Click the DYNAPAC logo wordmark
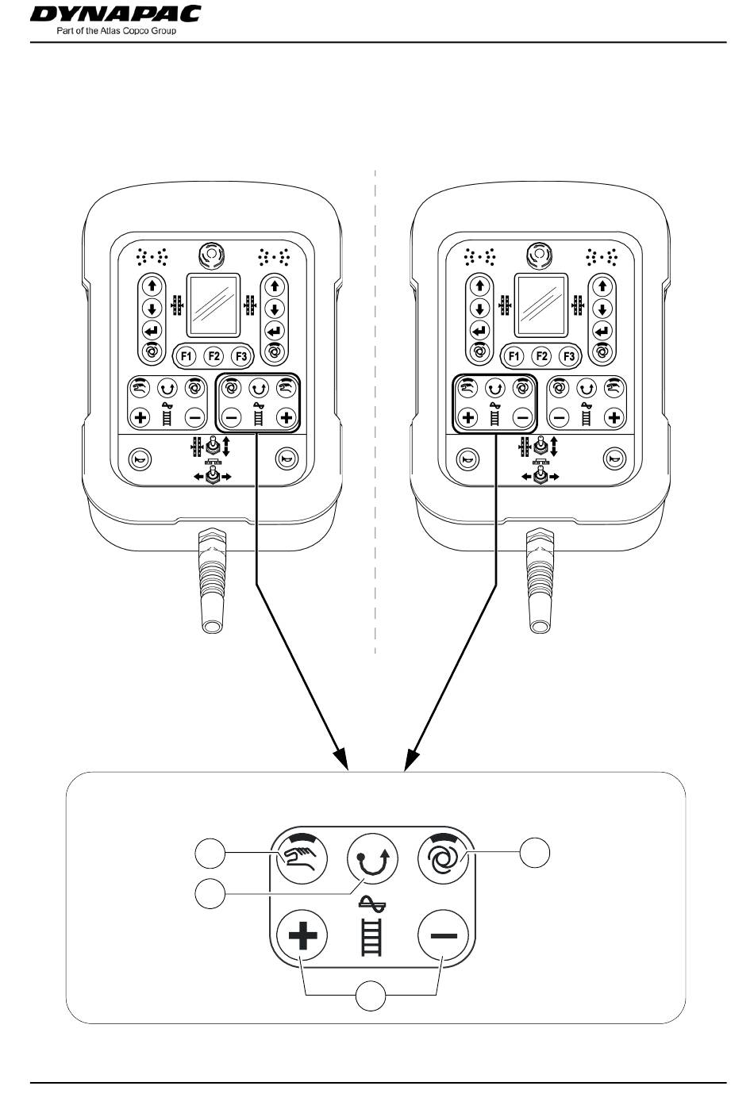click(115, 13)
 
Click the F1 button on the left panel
click(187, 356)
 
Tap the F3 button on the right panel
click(569, 356)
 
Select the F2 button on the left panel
click(214, 356)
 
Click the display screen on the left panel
click(213, 305)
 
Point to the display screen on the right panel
click(541, 305)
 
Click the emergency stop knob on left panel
click(212, 255)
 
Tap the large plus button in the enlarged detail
click(302, 935)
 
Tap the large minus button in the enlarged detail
click(444, 935)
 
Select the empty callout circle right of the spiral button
click(534, 853)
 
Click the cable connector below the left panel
click(212, 581)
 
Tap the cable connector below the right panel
click(540, 581)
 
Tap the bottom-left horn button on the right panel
click(467, 459)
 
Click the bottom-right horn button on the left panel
click(287, 459)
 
